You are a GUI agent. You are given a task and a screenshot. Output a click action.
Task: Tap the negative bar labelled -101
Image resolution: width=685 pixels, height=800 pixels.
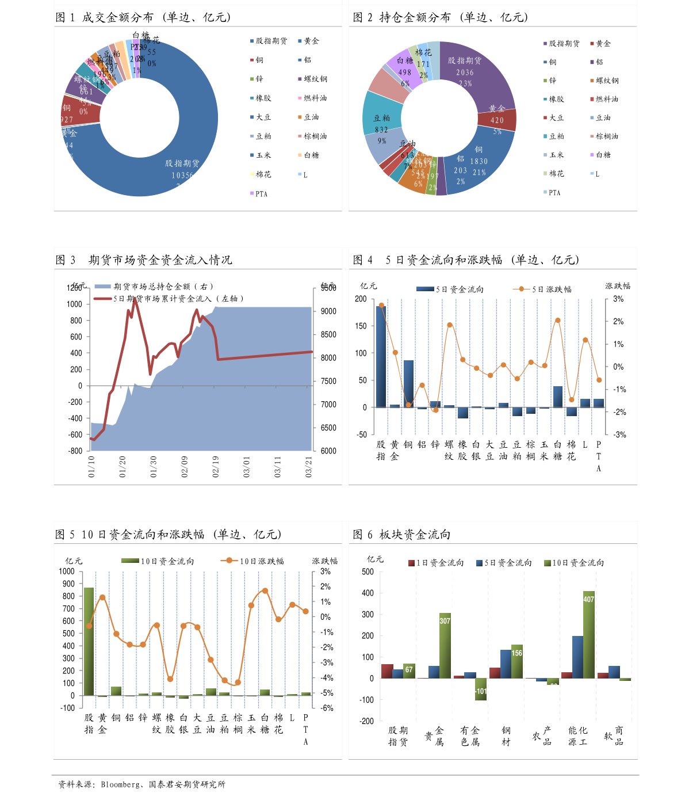tap(481, 689)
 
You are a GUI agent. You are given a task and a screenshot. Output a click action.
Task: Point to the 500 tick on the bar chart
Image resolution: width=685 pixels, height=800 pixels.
tap(368, 572)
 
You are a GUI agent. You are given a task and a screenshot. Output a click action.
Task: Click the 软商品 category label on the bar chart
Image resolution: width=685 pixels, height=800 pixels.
tap(614, 736)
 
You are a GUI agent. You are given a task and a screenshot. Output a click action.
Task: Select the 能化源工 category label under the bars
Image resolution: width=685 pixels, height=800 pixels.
tap(577, 736)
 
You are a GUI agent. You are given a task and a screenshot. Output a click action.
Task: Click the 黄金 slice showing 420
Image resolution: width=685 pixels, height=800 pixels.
tap(497, 120)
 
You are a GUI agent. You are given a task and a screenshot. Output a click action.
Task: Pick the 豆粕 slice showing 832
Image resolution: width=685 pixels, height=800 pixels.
tap(381, 115)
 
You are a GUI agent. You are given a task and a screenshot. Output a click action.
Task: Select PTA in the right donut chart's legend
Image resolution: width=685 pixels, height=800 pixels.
tap(554, 193)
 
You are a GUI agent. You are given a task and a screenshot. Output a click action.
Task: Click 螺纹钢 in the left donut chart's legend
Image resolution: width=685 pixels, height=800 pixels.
tap(315, 79)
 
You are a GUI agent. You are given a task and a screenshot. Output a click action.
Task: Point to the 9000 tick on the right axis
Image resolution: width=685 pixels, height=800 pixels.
tap(328, 311)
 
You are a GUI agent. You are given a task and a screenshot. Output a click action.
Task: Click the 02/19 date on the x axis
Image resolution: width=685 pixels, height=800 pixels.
tap(216, 467)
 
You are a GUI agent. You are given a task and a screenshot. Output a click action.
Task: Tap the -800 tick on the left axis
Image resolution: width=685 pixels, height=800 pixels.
tap(75, 451)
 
